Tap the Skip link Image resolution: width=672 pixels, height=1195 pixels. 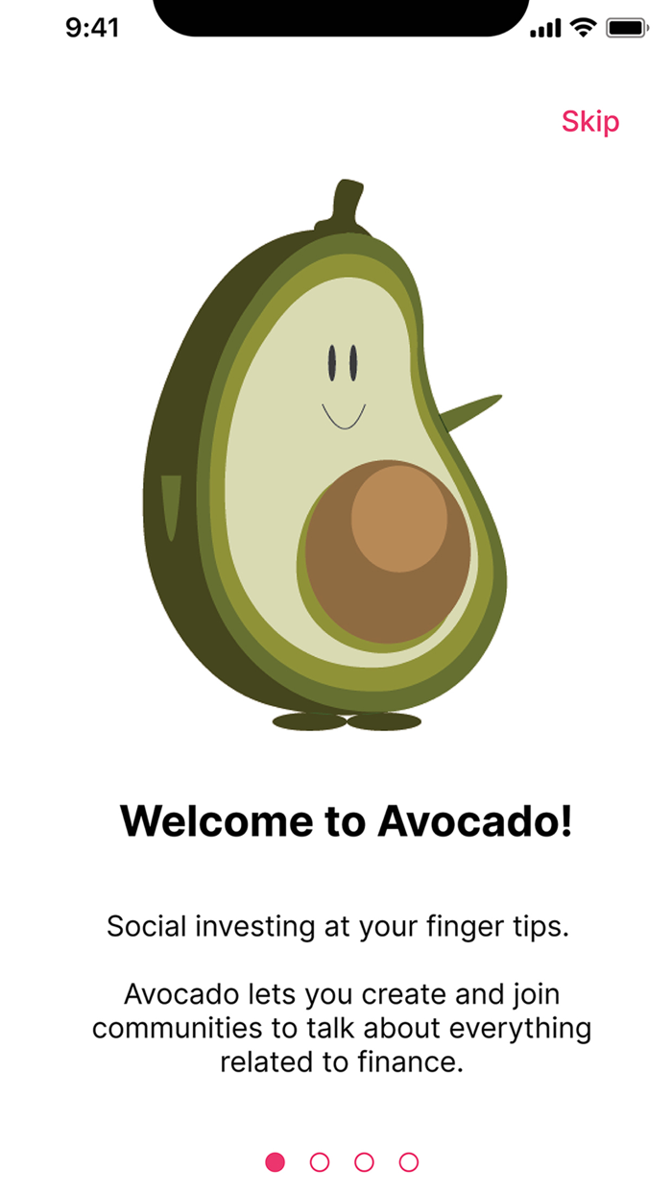(x=590, y=122)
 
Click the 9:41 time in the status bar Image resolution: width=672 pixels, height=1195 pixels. (x=92, y=28)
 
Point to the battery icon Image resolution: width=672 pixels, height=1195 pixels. (x=628, y=29)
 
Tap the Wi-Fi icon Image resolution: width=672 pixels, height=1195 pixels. (x=583, y=28)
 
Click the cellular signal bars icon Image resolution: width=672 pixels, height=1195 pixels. (x=545, y=30)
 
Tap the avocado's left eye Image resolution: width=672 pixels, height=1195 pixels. (x=332, y=362)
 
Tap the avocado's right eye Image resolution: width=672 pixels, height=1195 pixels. (x=353, y=362)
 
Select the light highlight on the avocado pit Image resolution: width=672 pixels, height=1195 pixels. (x=398, y=519)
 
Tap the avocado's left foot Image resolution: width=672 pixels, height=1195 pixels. (x=309, y=721)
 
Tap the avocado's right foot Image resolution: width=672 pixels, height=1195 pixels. (x=384, y=721)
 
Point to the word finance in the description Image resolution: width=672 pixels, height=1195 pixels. (x=408, y=1062)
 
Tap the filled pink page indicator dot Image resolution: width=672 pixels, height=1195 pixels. (x=276, y=1162)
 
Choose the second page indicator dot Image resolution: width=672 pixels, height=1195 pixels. (x=320, y=1162)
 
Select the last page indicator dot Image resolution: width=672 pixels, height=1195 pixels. (x=409, y=1162)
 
